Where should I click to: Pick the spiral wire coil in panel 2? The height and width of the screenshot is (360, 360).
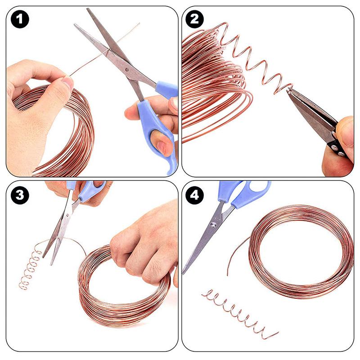(x=252, y=63)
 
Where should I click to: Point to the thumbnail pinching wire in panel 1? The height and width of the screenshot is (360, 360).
(x=67, y=82)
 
